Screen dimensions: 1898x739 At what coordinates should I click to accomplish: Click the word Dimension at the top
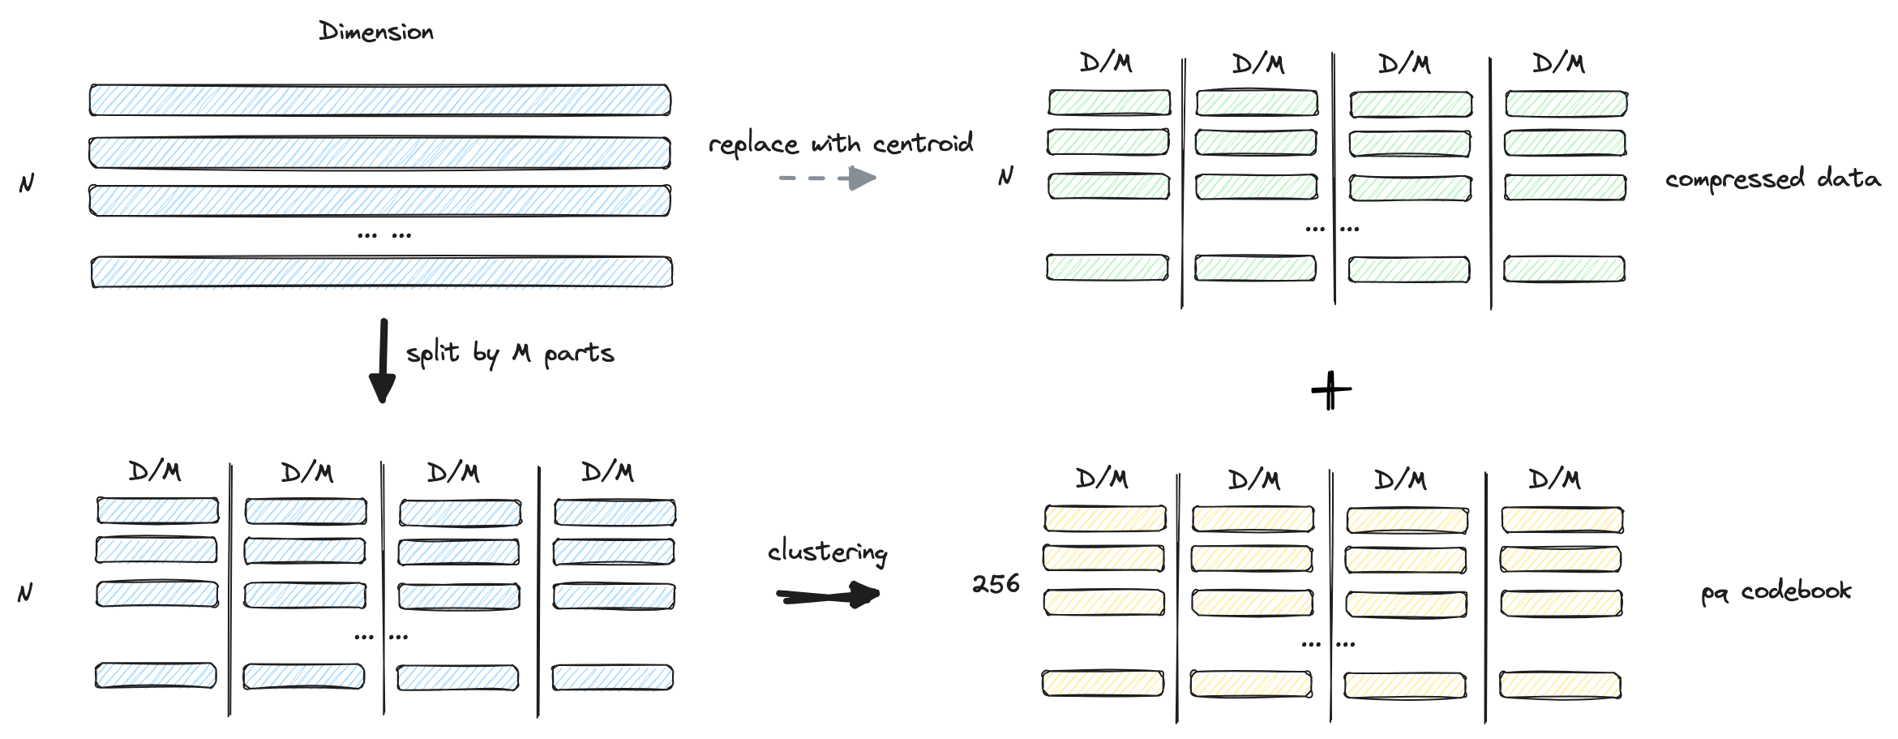click(x=376, y=32)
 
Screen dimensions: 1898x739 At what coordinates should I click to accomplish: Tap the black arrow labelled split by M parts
click(x=383, y=360)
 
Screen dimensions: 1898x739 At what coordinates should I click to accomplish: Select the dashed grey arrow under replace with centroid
click(x=827, y=178)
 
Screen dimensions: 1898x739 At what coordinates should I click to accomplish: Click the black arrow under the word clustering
click(x=828, y=595)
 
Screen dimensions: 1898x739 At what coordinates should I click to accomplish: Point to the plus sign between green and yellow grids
click(x=1330, y=391)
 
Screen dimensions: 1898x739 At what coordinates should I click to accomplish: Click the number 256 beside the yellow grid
click(x=996, y=583)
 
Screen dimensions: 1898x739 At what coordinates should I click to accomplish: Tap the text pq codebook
click(x=1776, y=591)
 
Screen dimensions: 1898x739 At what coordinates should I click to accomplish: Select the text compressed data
click(x=1773, y=178)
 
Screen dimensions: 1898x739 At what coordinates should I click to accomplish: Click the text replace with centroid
click(x=841, y=144)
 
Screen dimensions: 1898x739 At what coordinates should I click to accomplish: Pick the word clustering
click(x=828, y=552)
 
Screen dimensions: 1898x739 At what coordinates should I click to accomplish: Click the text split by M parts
click(x=510, y=353)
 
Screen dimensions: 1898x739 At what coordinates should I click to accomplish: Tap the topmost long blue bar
click(x=380, y=100)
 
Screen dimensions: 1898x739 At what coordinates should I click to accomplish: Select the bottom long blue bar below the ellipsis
click(x=382, y=272)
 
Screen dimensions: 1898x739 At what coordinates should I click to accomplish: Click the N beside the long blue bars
click(x=27, y=183)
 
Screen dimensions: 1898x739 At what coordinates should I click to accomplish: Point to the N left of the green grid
click(x=1005, y=176)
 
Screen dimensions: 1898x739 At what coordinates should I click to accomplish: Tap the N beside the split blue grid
click(x=25, y=593)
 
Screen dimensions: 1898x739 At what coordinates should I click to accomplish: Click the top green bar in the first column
click(x=1109, y=102)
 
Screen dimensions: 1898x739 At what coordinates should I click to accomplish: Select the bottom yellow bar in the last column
click(x=1560, y=685)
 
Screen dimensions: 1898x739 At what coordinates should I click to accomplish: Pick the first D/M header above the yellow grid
click(x=1102, y=479)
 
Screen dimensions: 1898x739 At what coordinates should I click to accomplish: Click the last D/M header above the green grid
click(x=1558, y=62)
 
